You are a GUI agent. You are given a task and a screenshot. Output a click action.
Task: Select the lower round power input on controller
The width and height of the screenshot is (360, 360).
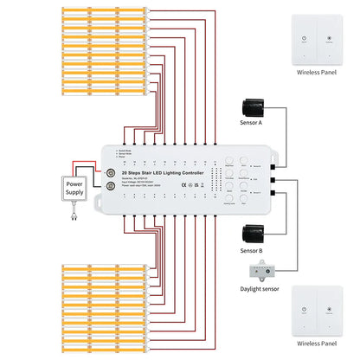tap(112, 184)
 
